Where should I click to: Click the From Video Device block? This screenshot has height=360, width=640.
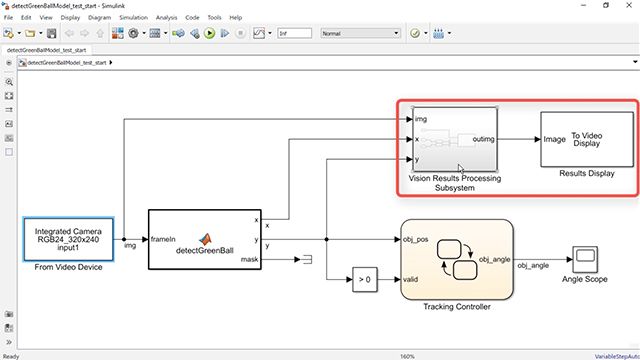point(67,239)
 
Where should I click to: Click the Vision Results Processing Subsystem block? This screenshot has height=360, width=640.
point(454,139)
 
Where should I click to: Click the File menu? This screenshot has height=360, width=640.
point(10,18)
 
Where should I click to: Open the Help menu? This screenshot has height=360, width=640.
point(235,18)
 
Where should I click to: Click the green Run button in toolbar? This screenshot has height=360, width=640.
point(210,33)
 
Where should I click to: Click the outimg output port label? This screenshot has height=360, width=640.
point(485,139)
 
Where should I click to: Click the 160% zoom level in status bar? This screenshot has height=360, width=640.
point(407,355)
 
